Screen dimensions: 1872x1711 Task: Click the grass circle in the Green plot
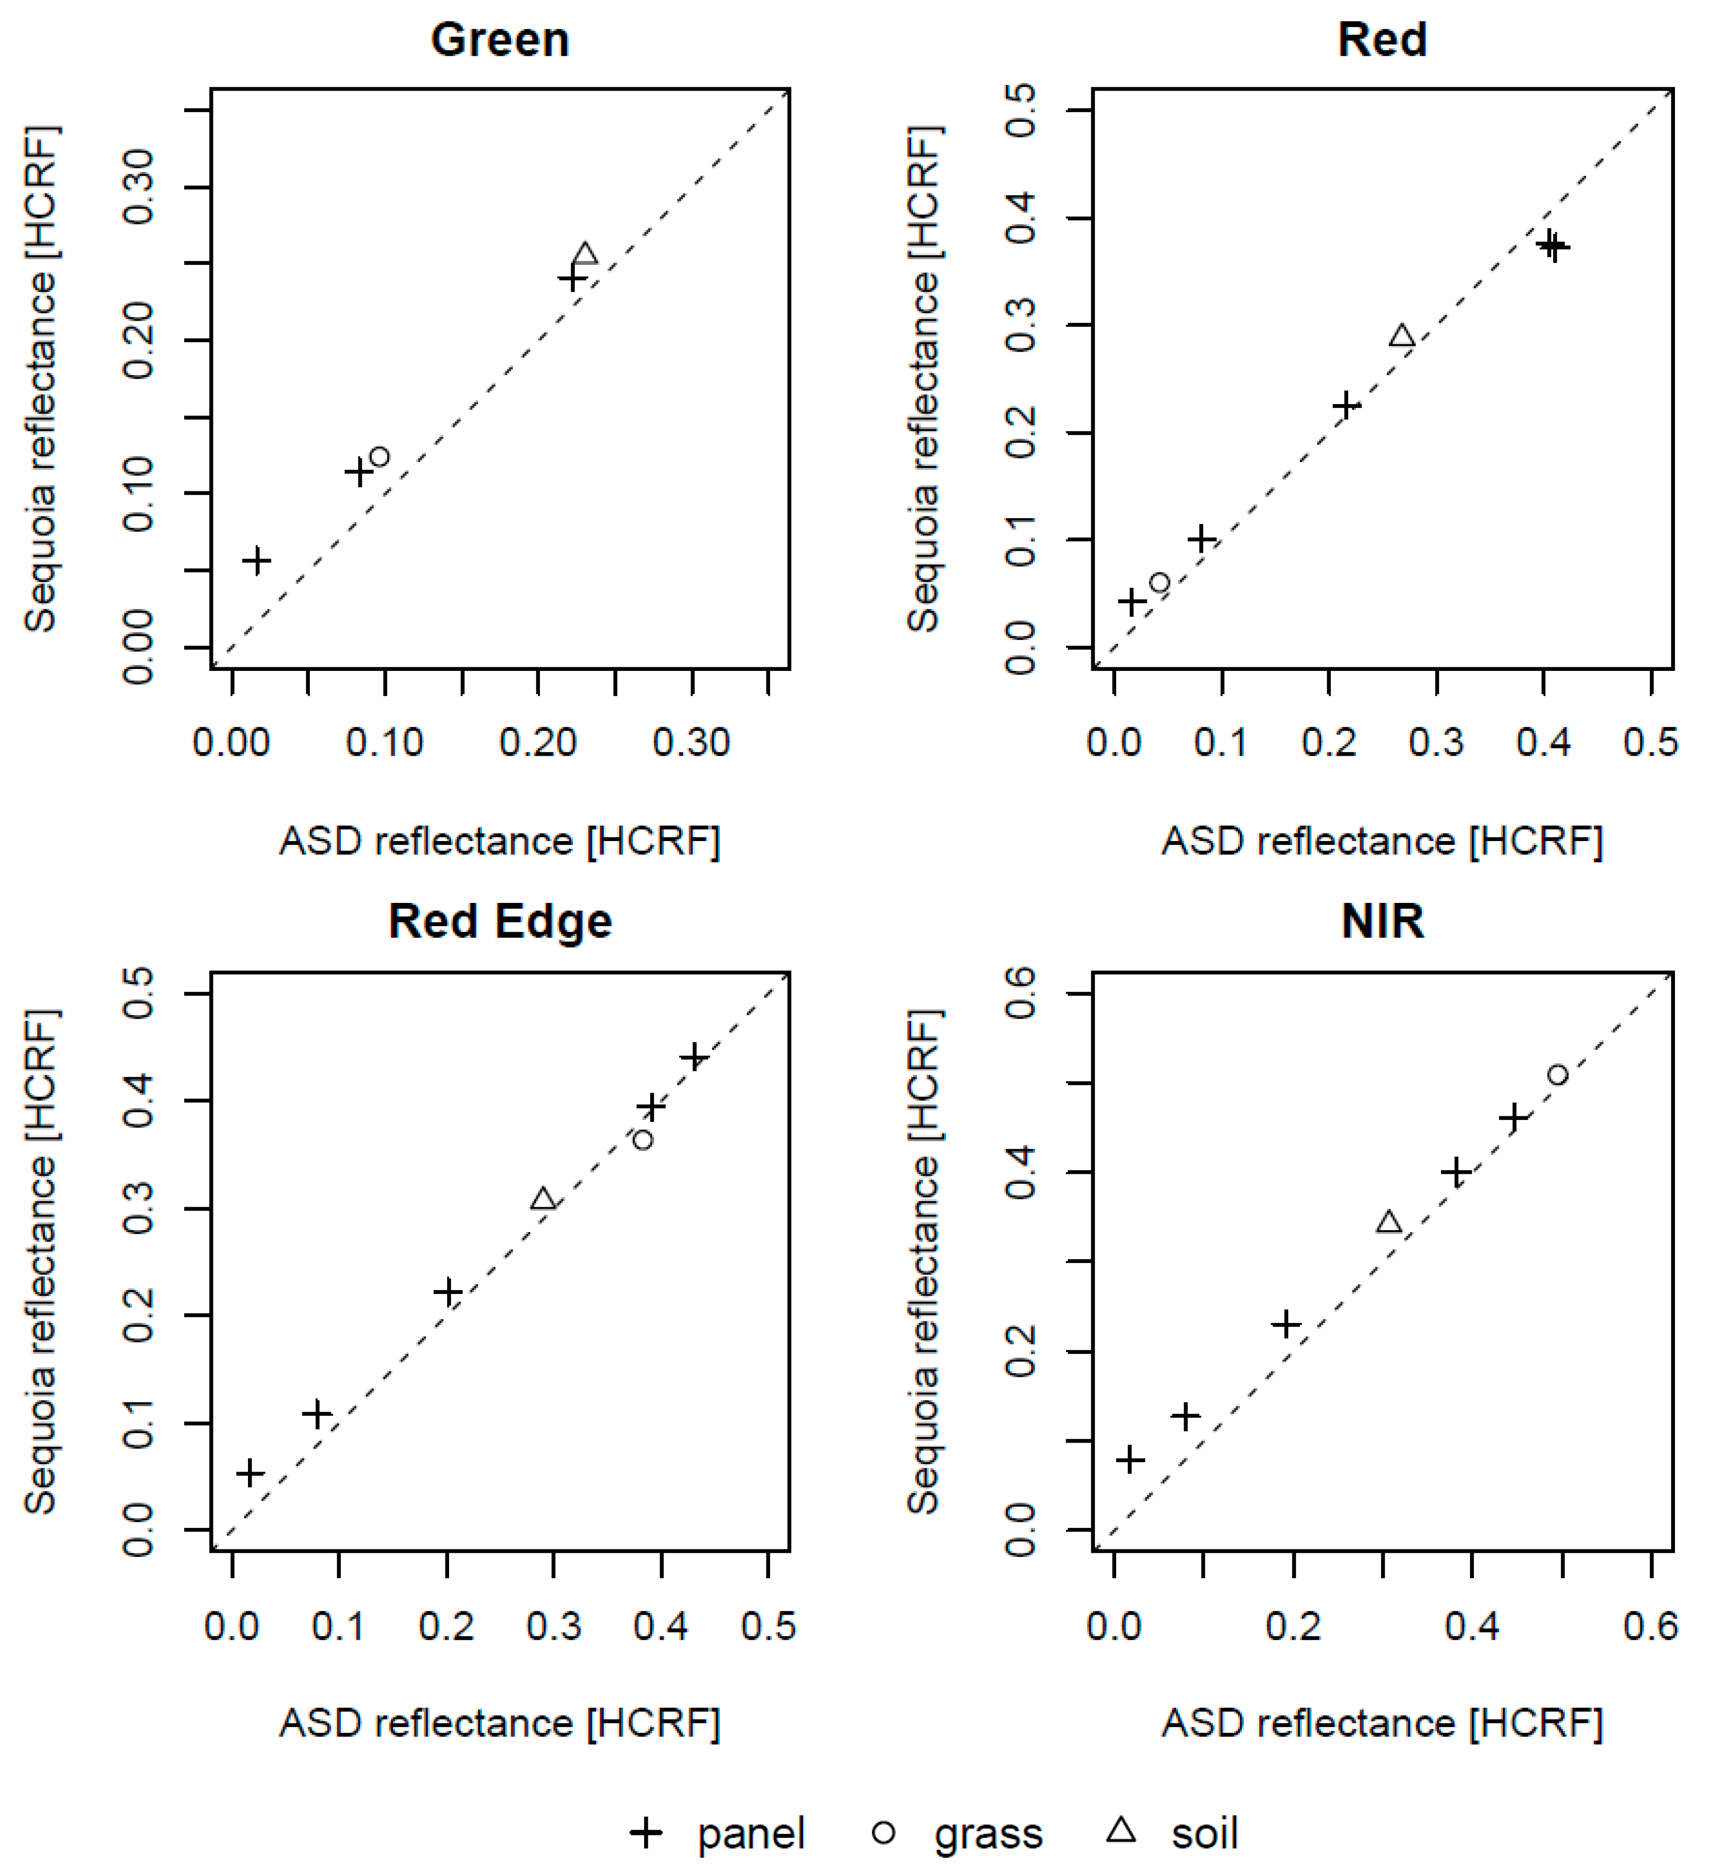(379, 456)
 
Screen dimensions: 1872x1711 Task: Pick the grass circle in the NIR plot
(1557, 1075)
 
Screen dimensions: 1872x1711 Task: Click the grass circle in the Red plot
(1159, 582)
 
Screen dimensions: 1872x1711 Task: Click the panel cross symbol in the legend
(646, 1833)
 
